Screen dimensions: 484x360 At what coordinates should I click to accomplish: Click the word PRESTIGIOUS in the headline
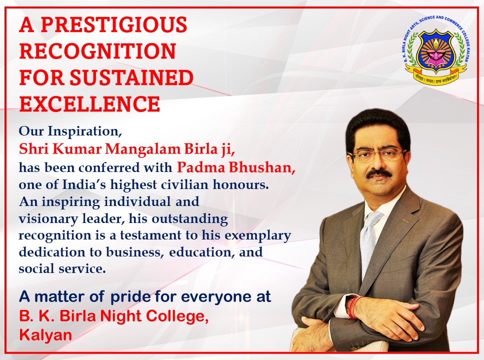[113, 24]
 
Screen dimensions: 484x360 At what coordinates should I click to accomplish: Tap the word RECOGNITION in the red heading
[97, 51]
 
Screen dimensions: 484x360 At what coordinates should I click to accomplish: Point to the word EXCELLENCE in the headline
[90, 103]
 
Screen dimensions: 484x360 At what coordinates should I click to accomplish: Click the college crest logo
[436, 50]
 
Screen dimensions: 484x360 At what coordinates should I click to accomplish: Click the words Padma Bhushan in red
[236, 167]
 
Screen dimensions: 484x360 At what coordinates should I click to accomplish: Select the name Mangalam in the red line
[143, 149]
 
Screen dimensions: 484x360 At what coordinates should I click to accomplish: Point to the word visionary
[48, 219]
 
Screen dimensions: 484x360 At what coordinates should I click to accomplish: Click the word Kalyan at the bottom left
[45, 335]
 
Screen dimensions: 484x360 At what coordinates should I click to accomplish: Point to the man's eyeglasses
[378, 154]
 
